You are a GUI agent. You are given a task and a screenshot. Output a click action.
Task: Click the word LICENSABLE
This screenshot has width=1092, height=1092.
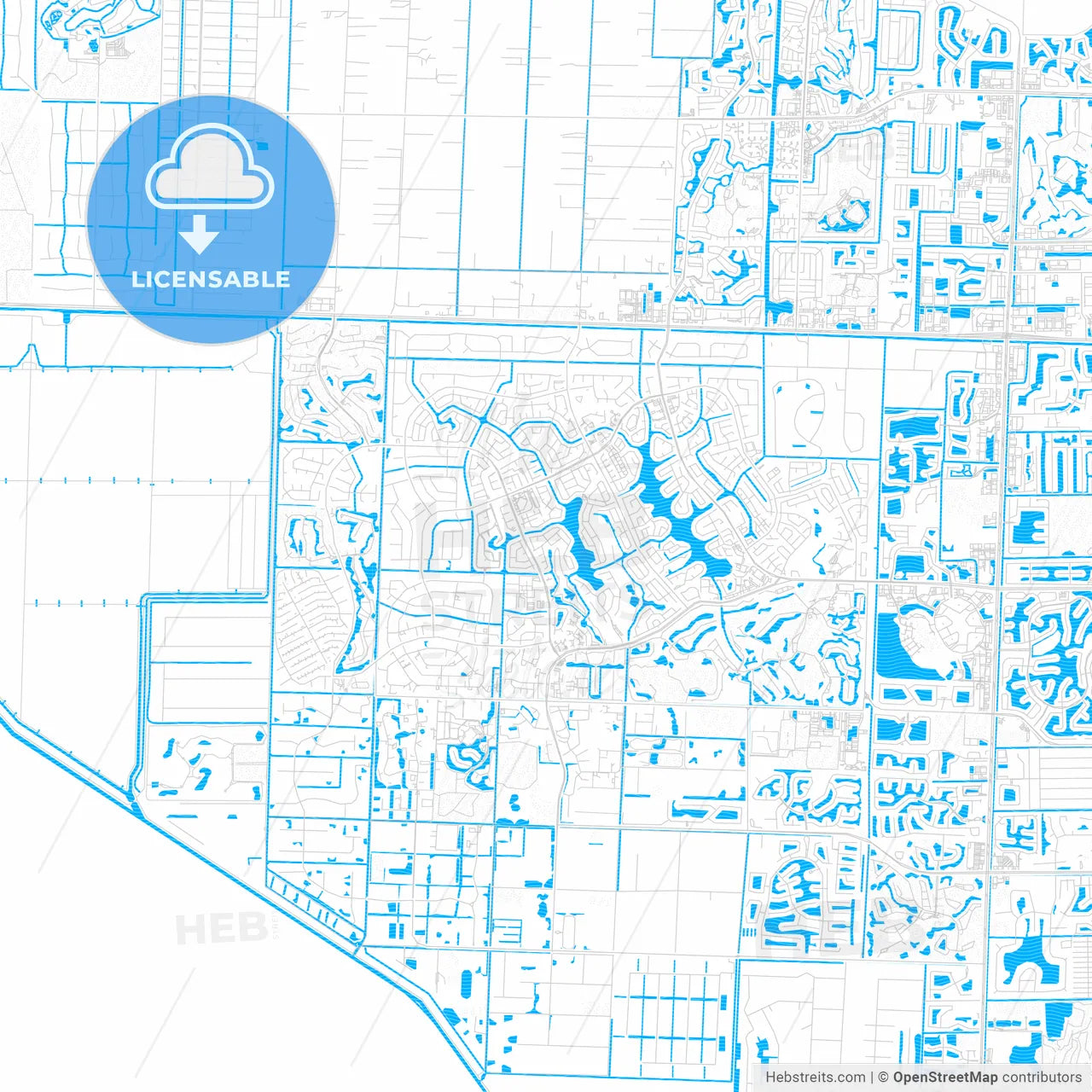(x=211, y=279)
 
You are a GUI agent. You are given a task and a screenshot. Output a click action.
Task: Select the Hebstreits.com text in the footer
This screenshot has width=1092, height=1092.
(x=815, y=1077)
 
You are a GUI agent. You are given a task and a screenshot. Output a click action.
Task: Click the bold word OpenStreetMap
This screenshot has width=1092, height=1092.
(x=945, y=1077)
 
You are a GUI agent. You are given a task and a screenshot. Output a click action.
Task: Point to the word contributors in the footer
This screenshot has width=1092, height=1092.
(x=1042, y=1077)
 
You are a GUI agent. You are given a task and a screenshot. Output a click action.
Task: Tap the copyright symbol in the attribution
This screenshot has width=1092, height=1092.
(x=883, y=1077)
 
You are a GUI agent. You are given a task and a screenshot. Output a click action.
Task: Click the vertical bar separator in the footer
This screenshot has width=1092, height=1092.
(x=871, y=1077)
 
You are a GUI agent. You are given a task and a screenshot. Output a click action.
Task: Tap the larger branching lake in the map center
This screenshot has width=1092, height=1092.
(x=674, y=503)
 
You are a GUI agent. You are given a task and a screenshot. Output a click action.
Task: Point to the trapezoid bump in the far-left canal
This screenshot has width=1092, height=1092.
(x=32, y=355)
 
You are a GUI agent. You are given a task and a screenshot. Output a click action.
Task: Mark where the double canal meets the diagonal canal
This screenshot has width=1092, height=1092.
(x=134, y=798)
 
